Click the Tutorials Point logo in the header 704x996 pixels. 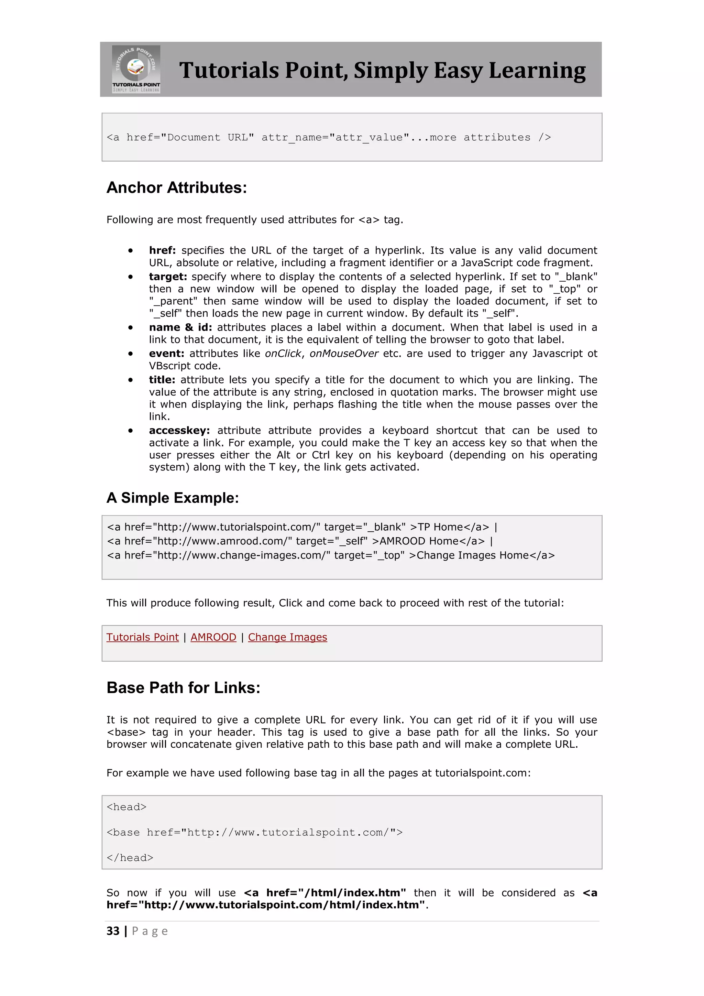pos(136,69)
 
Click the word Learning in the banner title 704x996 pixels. pos(537,71)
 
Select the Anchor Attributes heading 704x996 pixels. pos(176,188)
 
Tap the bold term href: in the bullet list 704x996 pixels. pos(162,250)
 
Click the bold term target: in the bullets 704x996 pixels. pos(168,277)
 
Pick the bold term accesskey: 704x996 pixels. pos(179,430)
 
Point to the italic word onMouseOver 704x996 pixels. pos(344,354)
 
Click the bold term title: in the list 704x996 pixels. pos(162,380)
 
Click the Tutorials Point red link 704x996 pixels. pos(142,637)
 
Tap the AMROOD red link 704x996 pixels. pos(213,637)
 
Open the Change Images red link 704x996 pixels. pos(287,637)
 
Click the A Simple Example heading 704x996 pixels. pos(173,498)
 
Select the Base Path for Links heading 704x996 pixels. pos(183,688)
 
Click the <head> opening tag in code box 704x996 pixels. pos(126,807)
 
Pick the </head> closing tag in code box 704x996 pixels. pos(130,858)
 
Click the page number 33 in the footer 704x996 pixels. pos(113,931)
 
